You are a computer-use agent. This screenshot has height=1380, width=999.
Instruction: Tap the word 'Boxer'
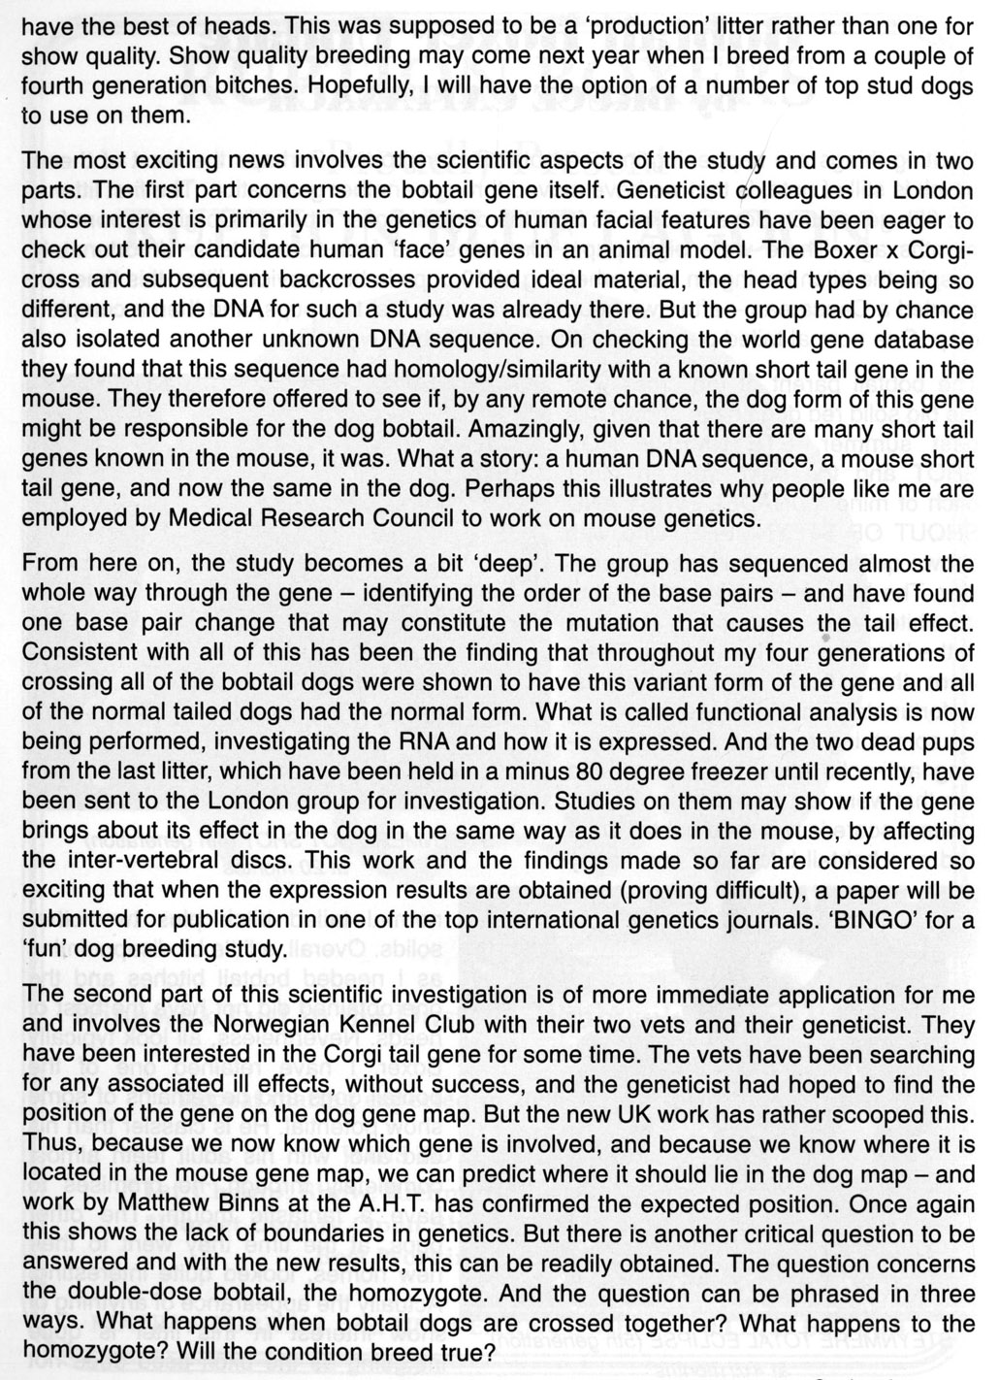pyautogui.click(x=837, y=250)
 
